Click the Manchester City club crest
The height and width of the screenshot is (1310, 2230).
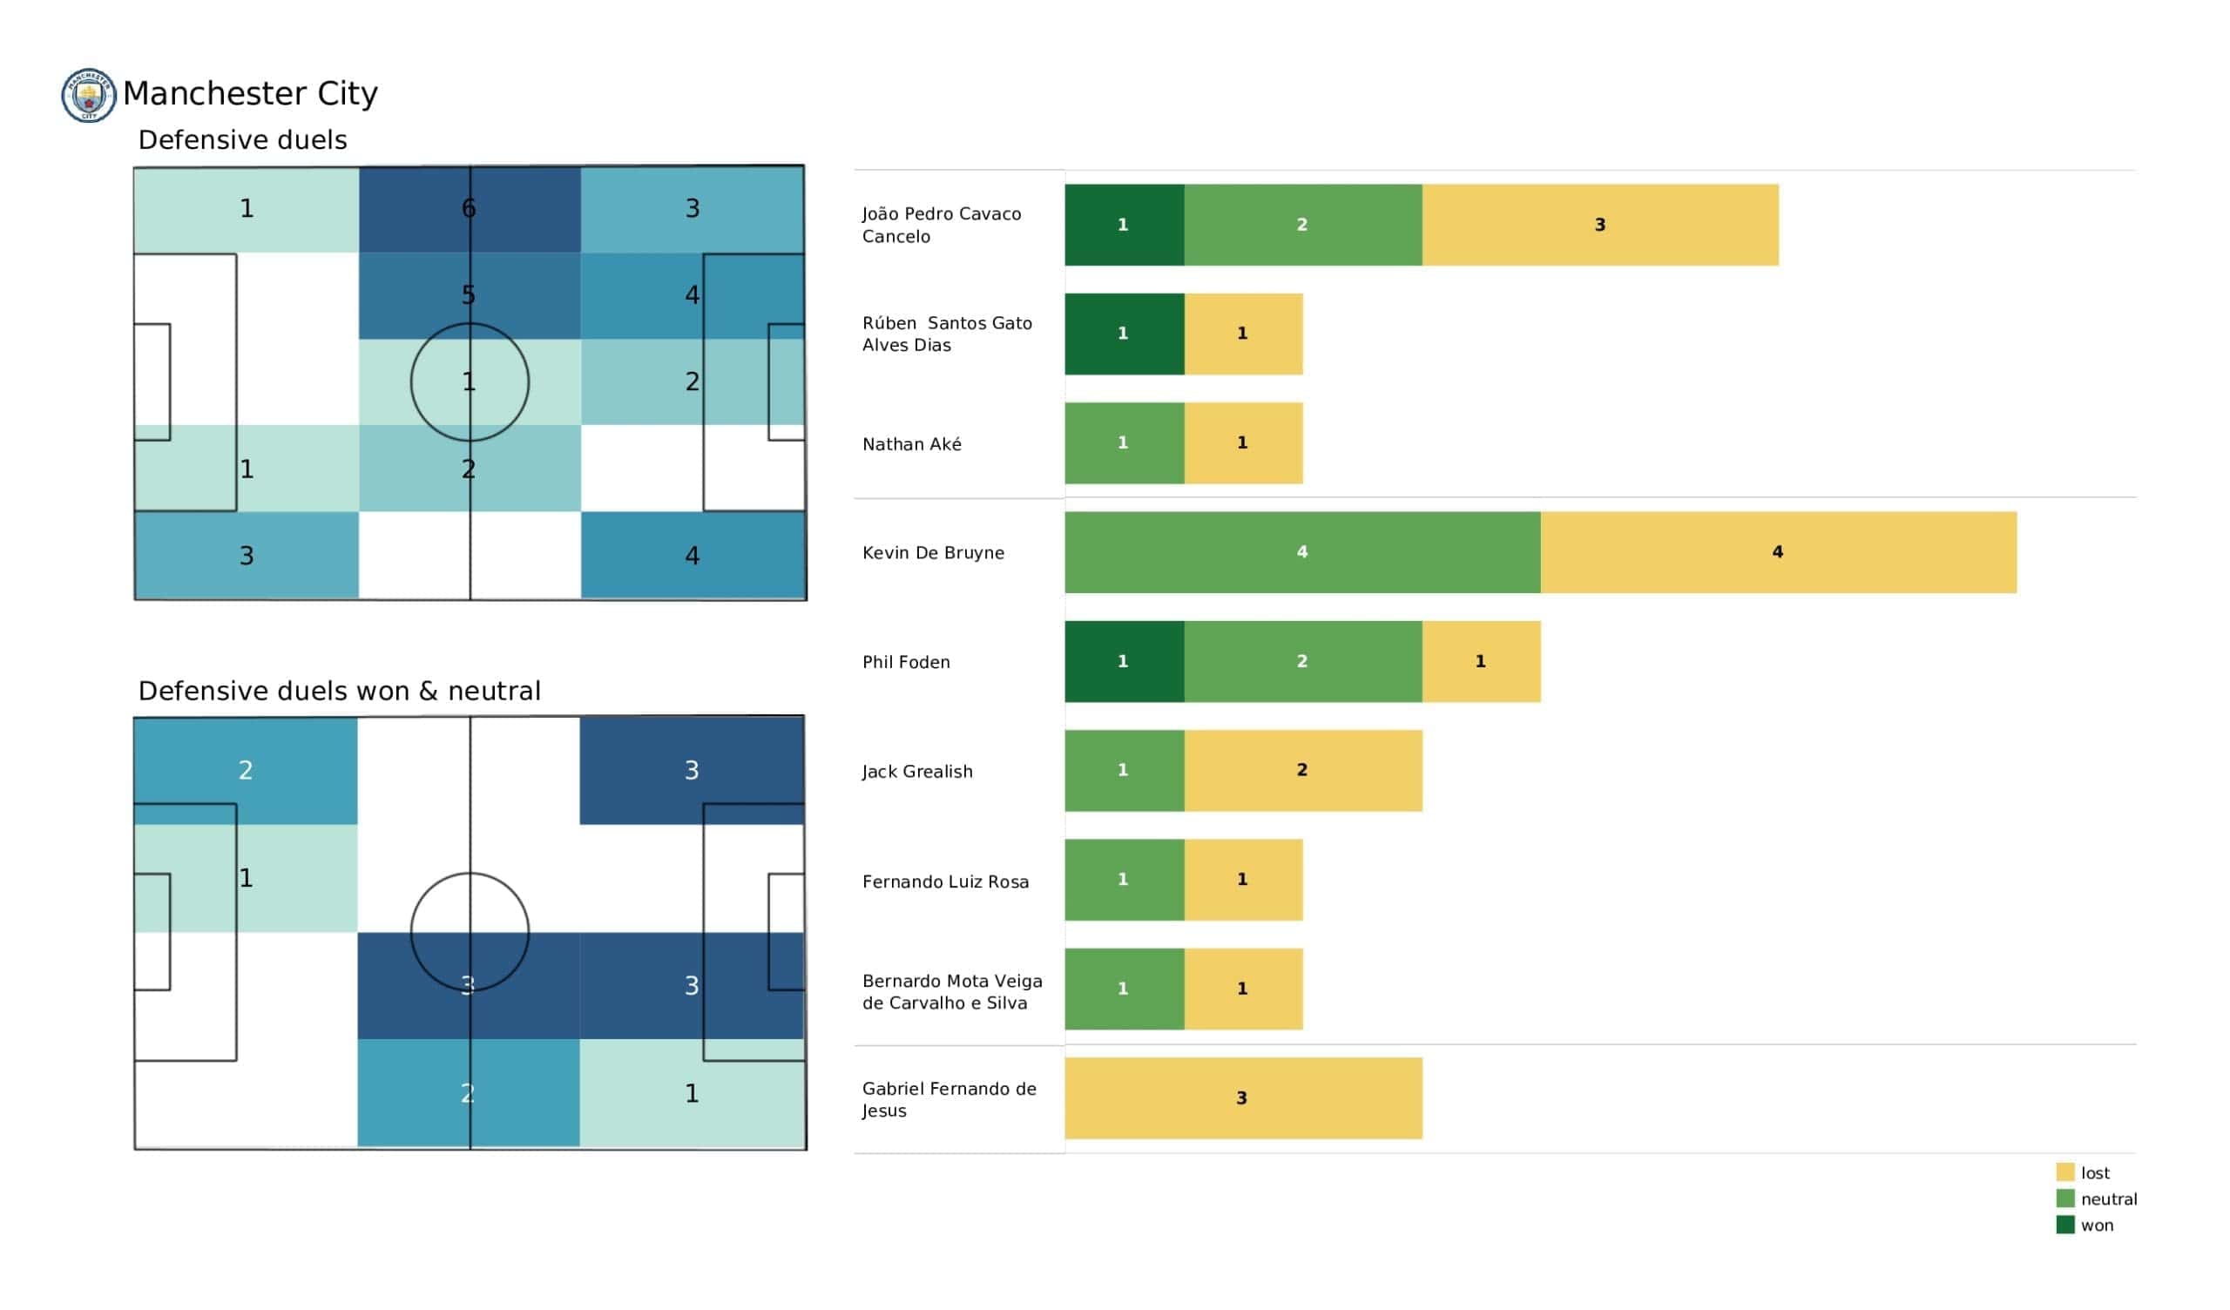pyautogui.click(x=89, y=95)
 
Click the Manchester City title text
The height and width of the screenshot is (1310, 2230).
pyautogui.click(x=250, y=94)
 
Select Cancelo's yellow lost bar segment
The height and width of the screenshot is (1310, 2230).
pyautogui.click(x=1599, y=225)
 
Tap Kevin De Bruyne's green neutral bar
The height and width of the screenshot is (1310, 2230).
pyautogui.click(x=1301, y=552)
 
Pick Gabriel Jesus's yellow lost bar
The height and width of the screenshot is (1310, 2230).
pyautogui.click(x=1242, y=1098)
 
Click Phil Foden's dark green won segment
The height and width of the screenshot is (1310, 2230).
pyautogui.click(x=1124, y=661)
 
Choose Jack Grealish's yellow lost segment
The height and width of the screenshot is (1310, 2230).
pyautogui.click(x=1302, y=770)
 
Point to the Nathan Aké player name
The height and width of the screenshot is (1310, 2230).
pyautogui.click(x=911, y=444)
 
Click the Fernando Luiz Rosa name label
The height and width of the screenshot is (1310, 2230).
pyautogui.click(x=945, y=881)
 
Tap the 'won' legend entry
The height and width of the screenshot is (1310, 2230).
pyautogui.click(x=2085, y=1226)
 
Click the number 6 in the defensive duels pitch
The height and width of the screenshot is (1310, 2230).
pyautogui.click(x=469, y=209)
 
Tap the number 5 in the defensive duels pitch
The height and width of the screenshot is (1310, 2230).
pyautogui.click(x=469, y=294)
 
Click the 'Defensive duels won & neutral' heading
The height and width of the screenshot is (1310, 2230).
pyautogui.click(x=339, y=692)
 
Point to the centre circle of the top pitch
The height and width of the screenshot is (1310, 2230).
pyautogui.click(x=470, y=382)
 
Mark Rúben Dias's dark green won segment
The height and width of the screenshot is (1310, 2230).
pyautogui.click(x=1124, y=334)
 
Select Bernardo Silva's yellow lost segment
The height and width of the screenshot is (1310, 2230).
pyautogui.click(x=1242, y=989)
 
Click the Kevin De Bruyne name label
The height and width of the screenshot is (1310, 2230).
pyautogui.click(x=933, y=553)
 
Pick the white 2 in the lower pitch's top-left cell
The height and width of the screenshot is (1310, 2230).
pyautogui.click(x=246, y=770)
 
